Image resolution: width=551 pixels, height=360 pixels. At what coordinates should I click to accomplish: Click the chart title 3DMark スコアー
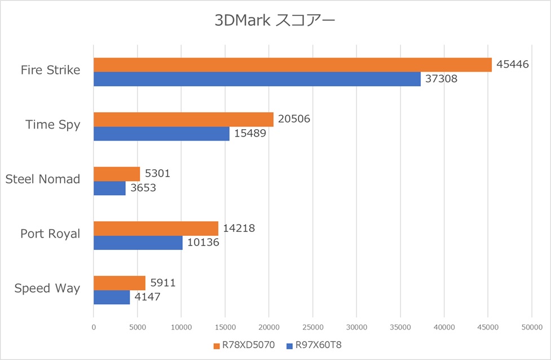(275, 21)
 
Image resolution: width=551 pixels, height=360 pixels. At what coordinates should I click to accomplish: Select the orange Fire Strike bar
(292, 65)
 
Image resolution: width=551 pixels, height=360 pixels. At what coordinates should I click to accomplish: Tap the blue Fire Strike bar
(257, 79)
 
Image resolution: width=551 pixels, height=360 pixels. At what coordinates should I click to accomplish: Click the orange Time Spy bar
(183, 119)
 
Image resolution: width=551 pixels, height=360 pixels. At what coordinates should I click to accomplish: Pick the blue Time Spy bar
(161, 134)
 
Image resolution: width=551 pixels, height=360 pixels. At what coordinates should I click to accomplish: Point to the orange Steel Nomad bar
(117, 174)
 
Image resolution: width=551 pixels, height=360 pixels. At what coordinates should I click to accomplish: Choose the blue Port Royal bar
(138, 243)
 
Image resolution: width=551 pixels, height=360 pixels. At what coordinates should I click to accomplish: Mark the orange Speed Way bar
(119, 283)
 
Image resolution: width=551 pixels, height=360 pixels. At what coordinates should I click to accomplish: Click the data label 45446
(513, 64)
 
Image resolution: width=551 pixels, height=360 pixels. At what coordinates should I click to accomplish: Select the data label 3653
(143, 188)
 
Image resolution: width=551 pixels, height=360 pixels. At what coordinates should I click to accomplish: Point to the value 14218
(239, 228)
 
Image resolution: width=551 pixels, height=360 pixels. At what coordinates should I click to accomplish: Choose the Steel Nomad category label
(43, 179)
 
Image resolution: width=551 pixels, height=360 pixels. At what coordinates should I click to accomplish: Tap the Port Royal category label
(50, 234)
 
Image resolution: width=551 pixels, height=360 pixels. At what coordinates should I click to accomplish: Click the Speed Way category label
(47, 288)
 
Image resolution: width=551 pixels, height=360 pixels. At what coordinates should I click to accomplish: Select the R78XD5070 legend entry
(244, 345)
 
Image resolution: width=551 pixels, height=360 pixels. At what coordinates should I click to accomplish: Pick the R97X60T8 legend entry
(315, 345)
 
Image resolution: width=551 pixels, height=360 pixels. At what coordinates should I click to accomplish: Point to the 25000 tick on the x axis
(312, 326)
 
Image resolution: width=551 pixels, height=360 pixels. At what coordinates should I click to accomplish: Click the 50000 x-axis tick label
(531, 326)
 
